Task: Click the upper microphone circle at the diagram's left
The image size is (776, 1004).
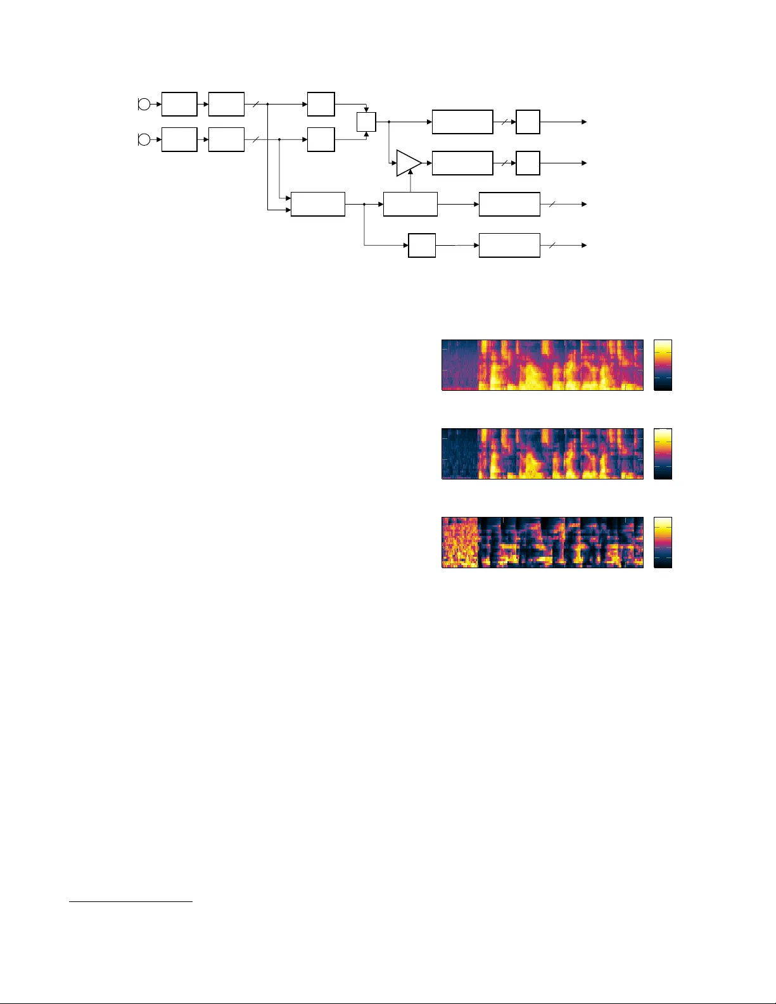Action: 144,105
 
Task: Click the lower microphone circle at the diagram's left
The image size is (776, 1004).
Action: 144,139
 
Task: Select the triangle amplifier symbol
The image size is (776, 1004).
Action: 407,163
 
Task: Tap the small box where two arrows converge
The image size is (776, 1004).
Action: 366,122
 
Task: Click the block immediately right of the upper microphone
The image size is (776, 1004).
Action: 179,104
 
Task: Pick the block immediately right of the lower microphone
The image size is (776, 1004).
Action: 179,139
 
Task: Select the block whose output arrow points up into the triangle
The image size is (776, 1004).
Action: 410,204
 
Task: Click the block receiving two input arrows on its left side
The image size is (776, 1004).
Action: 317,204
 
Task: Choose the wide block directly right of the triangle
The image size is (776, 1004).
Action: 462,163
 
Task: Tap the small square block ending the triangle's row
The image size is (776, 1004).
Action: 528,163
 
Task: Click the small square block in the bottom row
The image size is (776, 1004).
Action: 422,245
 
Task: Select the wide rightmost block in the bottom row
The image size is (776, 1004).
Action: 509,245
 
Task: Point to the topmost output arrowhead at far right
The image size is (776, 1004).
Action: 584,122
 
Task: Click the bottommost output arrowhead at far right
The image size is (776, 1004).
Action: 584,245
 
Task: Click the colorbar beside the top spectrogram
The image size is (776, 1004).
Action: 663,365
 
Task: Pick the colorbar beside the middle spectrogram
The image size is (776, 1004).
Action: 663,454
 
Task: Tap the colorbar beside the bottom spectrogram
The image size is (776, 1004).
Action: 663,542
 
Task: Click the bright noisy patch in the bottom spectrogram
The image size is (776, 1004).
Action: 459,542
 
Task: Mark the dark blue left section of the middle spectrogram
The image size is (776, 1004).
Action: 459,454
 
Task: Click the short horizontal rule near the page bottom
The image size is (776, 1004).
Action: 130,901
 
